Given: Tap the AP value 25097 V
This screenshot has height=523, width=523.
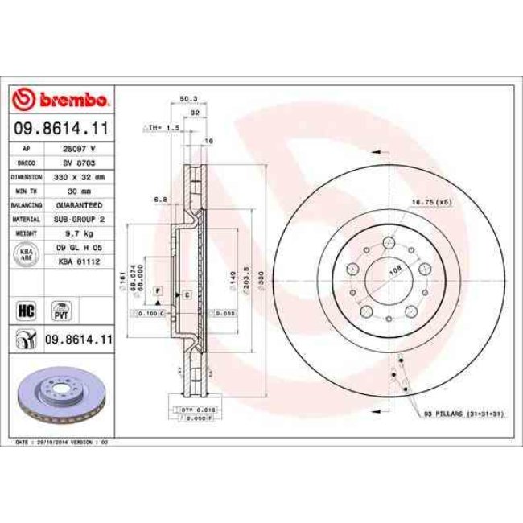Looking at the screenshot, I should pyautogui.click(x=79, y=150).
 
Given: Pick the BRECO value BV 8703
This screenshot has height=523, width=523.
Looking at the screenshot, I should pyautogui.click(x=79, y=163).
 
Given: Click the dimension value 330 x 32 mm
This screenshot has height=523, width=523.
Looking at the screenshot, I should pyautogui.click(x=79, y=175).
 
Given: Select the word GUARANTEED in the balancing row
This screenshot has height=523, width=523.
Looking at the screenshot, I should pyautogui.click(x=79, y=204).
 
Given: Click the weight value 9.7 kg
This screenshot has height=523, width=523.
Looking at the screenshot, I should pyautogui.click(x=79, y=232).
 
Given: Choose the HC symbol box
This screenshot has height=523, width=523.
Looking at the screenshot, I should pyautogui.click(x=26, y=308).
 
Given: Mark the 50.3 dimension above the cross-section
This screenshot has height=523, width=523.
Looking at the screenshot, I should pyautogui.click(x=187, y=99).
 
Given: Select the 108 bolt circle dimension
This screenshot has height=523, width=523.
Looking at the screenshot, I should pyautogui.click(x=395, y=271).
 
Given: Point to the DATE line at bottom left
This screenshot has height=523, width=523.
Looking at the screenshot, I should pyautogui.click(x=60, y=442).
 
